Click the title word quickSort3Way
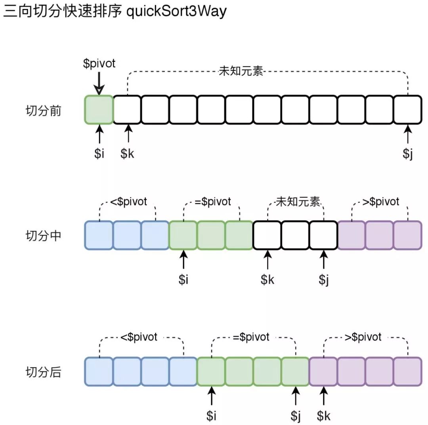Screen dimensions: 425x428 pyautogui.click(x=176, y=11)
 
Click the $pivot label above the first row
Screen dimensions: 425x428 pyautogui.click(x=99, y=63)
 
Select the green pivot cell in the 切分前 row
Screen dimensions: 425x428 pyautogui.click(x=99, y=110)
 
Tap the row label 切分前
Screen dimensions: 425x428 pyautogui.click(x=44, y=111)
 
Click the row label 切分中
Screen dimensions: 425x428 pyautogui.click(x=44, y=236)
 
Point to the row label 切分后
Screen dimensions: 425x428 pyautogui.click(x=44, y=372)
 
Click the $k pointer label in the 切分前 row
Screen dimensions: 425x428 pyautogui.click(x=128, y=154)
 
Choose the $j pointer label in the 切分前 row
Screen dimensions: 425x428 pyautogui.click(x=408, y=154)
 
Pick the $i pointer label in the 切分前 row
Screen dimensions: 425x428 pyautogui.click(x=99, y=154)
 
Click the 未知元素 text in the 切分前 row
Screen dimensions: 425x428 pyautogui.click(x=241, y=72)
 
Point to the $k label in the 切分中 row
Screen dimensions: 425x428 pyautogui.click(x=267, y=279)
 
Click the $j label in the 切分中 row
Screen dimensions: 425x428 pyautogui.click(x=324, y=279)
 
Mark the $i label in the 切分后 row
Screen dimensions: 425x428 pyautogui.click(x=212, y=416)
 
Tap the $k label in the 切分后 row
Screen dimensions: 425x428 pyautogui.click(x=324, y=416)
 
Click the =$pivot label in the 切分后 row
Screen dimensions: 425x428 pyautogui.click(x=251, y=337)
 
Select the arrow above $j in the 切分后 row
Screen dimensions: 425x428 pyautogui.click(x=296, y=396)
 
